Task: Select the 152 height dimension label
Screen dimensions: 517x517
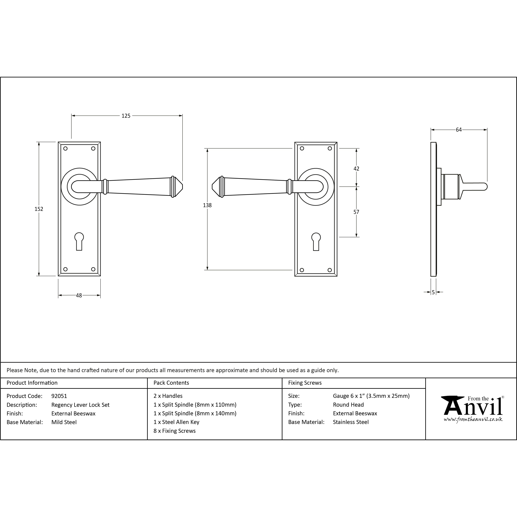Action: coord(39,209)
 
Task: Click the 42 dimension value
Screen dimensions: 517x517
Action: coord(356,169)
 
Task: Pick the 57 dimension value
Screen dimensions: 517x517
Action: coord(356,212)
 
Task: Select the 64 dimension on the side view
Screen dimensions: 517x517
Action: coord(459,130)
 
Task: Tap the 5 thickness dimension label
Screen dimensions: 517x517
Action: coord(433,293)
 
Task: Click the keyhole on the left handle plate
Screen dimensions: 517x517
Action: coord(79,241)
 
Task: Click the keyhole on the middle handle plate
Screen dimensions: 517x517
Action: coord(316,241)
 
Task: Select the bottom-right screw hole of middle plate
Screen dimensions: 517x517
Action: coord(330,270)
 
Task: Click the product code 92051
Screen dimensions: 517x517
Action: coord(59,396)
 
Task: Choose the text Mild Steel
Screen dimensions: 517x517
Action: coord(64,422)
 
